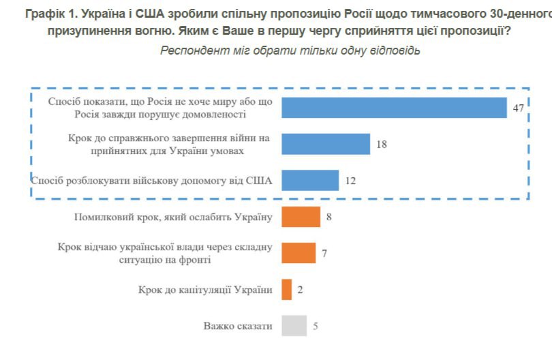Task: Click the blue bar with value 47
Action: coord(393,108)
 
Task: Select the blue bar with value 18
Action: coord(325,144)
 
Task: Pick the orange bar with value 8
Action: coord(301,217)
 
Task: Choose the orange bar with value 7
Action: coord(298,253)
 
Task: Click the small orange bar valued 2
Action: coord(286,290)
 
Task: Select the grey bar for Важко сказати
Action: coord(293,326)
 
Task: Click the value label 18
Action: coord(382,145)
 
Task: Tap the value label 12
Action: coord(350,181)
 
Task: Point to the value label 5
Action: coord(316,326)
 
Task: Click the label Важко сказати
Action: coord(238,326)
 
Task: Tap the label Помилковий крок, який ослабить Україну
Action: coord(172,217)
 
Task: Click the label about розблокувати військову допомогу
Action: coord(152,181)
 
